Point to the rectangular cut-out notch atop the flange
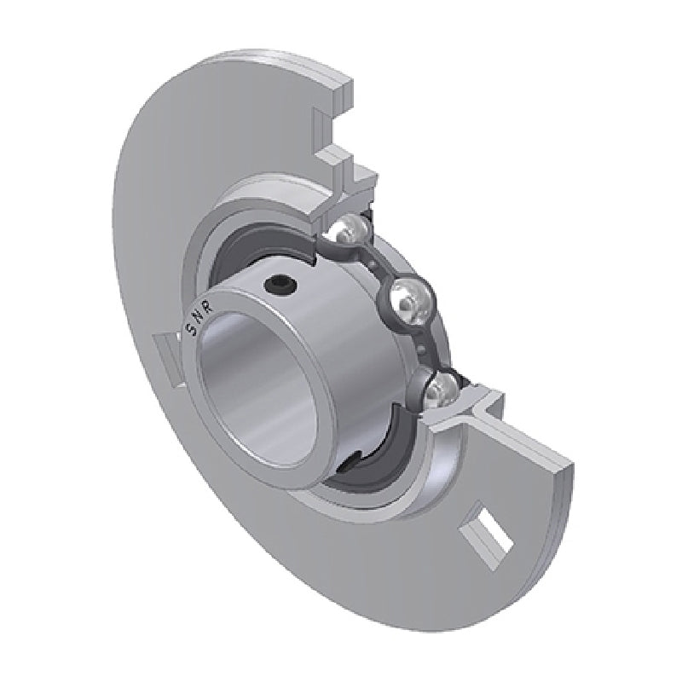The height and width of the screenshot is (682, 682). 328,128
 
